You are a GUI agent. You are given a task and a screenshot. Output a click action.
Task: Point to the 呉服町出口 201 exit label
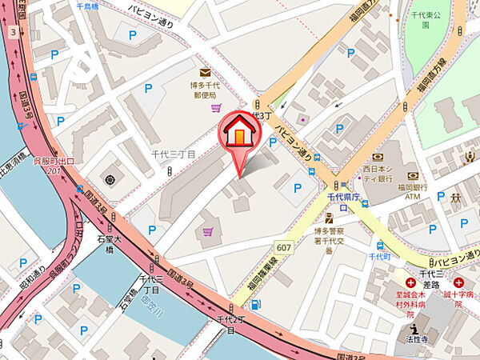click(53, 166)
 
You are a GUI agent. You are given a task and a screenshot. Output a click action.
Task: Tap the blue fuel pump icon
click(255, 303)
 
